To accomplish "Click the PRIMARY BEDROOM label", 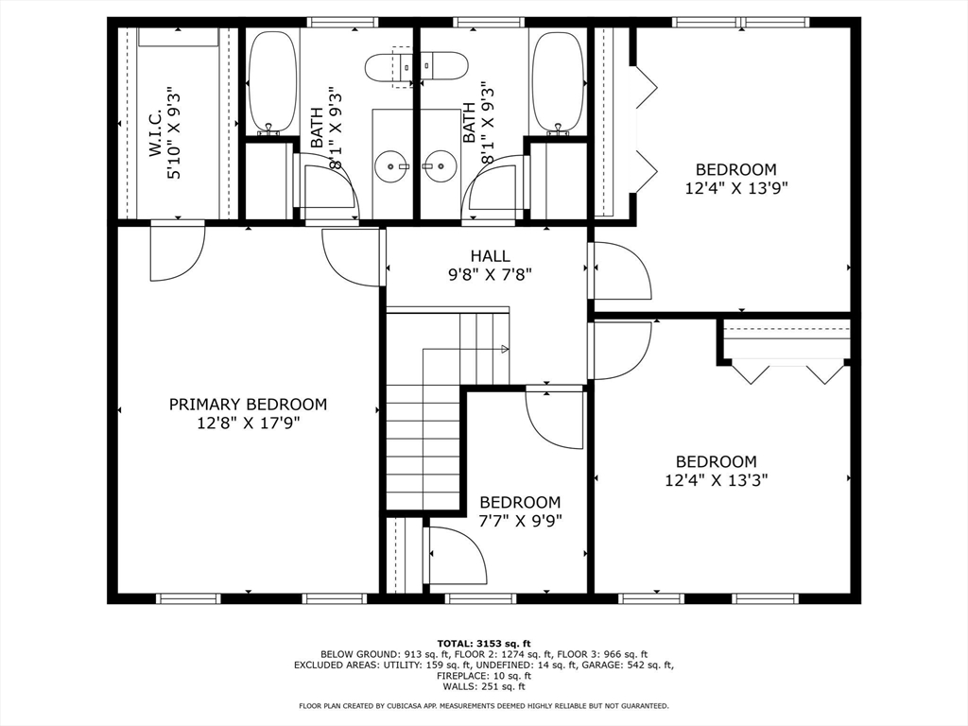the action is coord(248,405).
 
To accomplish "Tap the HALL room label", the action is coord(491,255).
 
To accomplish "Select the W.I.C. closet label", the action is coord(156,132).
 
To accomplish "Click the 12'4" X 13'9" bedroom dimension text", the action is coord(735,188).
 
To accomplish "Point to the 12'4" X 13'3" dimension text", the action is coord(717,479).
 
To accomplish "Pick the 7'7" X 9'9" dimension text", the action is coord(521,521).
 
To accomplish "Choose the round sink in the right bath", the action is coord(440,166).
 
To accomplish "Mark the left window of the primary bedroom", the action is coord(188,598).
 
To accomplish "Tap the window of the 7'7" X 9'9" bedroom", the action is coord(480,598).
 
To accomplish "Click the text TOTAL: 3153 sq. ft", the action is coord(484,643).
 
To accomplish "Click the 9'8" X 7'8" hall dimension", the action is coord(491,274).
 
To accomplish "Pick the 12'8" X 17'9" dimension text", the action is coord(249,423).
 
